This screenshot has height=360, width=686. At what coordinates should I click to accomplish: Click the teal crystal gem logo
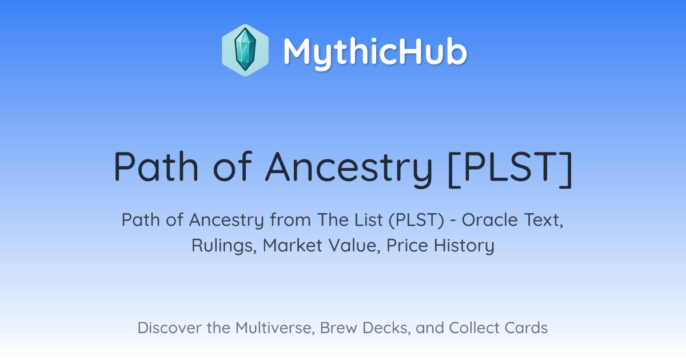[x=245, y=50]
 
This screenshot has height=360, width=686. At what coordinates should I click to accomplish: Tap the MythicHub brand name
[x=375, y=52]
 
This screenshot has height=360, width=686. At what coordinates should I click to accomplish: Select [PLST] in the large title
[x=510, y=169]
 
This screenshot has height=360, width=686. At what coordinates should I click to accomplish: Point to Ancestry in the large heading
[x=349, y=169]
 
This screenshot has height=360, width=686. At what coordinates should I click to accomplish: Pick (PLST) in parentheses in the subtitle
[x=417, y=220]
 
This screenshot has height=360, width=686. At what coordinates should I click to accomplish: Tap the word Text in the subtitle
[x=544, y=221]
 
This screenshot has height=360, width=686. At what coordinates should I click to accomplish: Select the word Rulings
[x=224, y=246]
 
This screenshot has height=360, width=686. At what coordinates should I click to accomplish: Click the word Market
[x=293, y=246]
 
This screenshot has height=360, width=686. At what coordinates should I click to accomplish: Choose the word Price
[x=407, y=246]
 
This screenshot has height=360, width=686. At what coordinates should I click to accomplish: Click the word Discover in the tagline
[x=169, y=328]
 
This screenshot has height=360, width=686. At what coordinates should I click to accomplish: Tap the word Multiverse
[x=275, y=328]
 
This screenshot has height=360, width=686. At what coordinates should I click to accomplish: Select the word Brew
[x=338, y=328]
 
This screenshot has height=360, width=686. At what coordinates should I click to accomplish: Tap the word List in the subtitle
[x=369, y=220]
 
